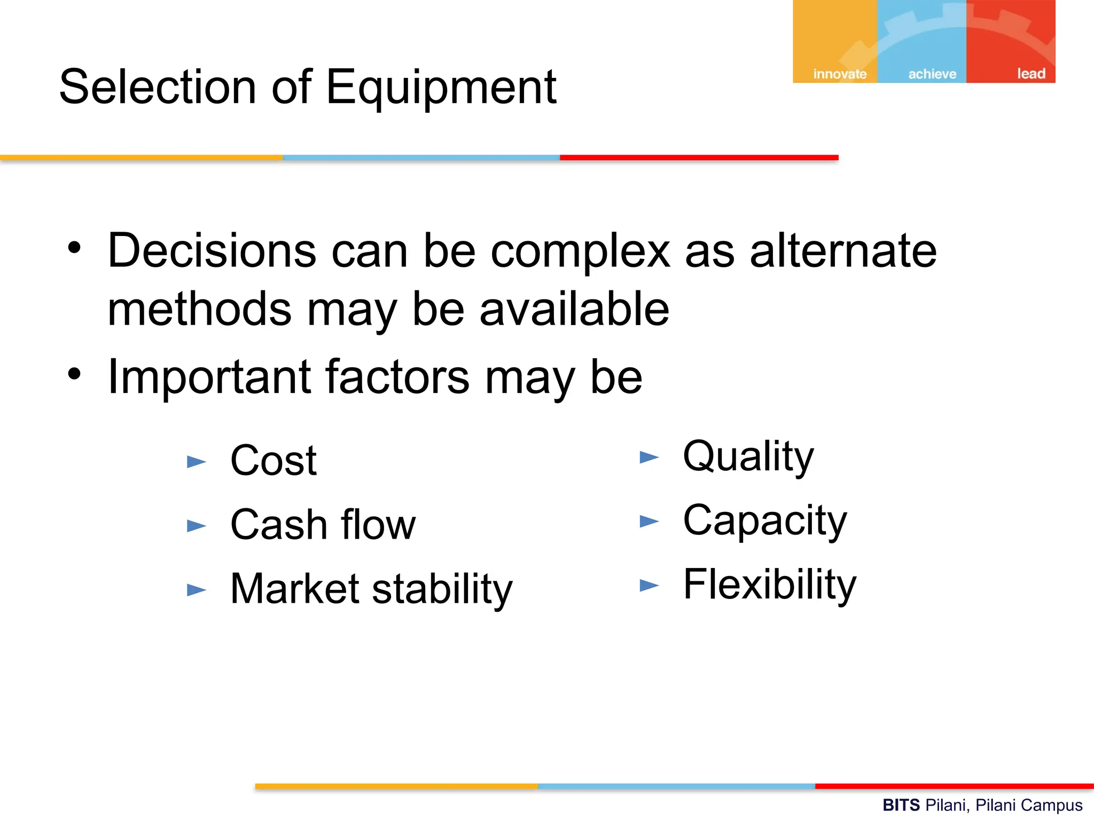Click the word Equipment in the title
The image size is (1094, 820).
(x=441, y=88)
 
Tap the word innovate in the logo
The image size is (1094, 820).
(x=840, y=74)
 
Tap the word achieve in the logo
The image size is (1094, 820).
(x=932, y=74)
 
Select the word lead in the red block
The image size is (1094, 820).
(x=1030, y=74)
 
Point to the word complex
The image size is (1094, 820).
(x=580, y=252)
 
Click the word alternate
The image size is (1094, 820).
(x=843, y=251)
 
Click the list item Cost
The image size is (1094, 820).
(x=273, y=461)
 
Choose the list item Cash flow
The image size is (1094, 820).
(x=323, y=525)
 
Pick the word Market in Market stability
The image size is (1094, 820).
(x=295, y=589)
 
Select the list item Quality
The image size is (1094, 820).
(x=748, y=457)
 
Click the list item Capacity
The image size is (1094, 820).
(x=764, y=521)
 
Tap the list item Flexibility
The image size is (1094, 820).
(x=769, y=585)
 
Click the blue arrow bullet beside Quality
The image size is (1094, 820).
(x=649, y=458)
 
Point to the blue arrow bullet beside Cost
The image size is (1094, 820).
(x=196, y=462)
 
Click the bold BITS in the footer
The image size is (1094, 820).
(x=901, y=805)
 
